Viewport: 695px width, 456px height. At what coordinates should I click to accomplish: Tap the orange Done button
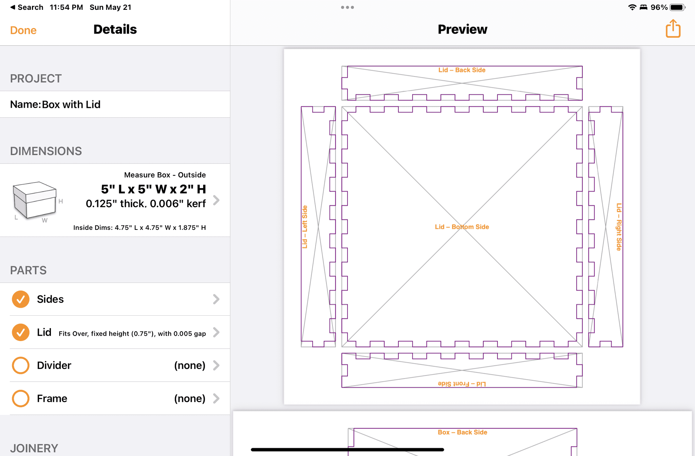pos(23,30)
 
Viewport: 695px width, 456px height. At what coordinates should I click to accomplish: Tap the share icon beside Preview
pos(673,28)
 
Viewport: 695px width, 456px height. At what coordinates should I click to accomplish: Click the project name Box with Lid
pos(71,104)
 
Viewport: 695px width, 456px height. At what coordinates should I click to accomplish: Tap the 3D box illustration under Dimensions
pos(35,201)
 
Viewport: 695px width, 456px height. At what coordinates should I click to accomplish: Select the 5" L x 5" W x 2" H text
pos(153,189)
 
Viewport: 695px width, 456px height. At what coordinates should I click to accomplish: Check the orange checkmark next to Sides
pos(21,299)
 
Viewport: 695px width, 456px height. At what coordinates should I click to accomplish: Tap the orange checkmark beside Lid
pos(21,332)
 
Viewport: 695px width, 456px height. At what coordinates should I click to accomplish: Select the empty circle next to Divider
pos(21,365)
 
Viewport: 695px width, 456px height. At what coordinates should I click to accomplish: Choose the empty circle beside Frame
pos(21,398)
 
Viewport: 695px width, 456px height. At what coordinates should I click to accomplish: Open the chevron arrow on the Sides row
pos(216,299)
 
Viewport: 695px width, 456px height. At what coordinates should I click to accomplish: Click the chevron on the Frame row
pos(216,398)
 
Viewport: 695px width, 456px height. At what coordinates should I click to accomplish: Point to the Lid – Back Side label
pos(462,70)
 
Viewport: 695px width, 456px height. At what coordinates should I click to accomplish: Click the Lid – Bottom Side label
pos(462,227)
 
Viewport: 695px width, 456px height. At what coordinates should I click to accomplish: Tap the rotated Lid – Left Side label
pos(305,227)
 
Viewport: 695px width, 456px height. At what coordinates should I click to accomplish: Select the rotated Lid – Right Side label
pos(619,227)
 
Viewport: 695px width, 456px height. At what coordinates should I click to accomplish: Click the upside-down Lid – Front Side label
pos(462,384)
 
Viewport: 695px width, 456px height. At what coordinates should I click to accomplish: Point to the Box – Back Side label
pos(462,432)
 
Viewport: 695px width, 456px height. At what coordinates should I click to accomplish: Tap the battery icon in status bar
pos(678,7)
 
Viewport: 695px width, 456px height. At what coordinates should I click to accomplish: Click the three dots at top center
pos(347,7)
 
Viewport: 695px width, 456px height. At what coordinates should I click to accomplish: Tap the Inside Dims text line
pos(139,227)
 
